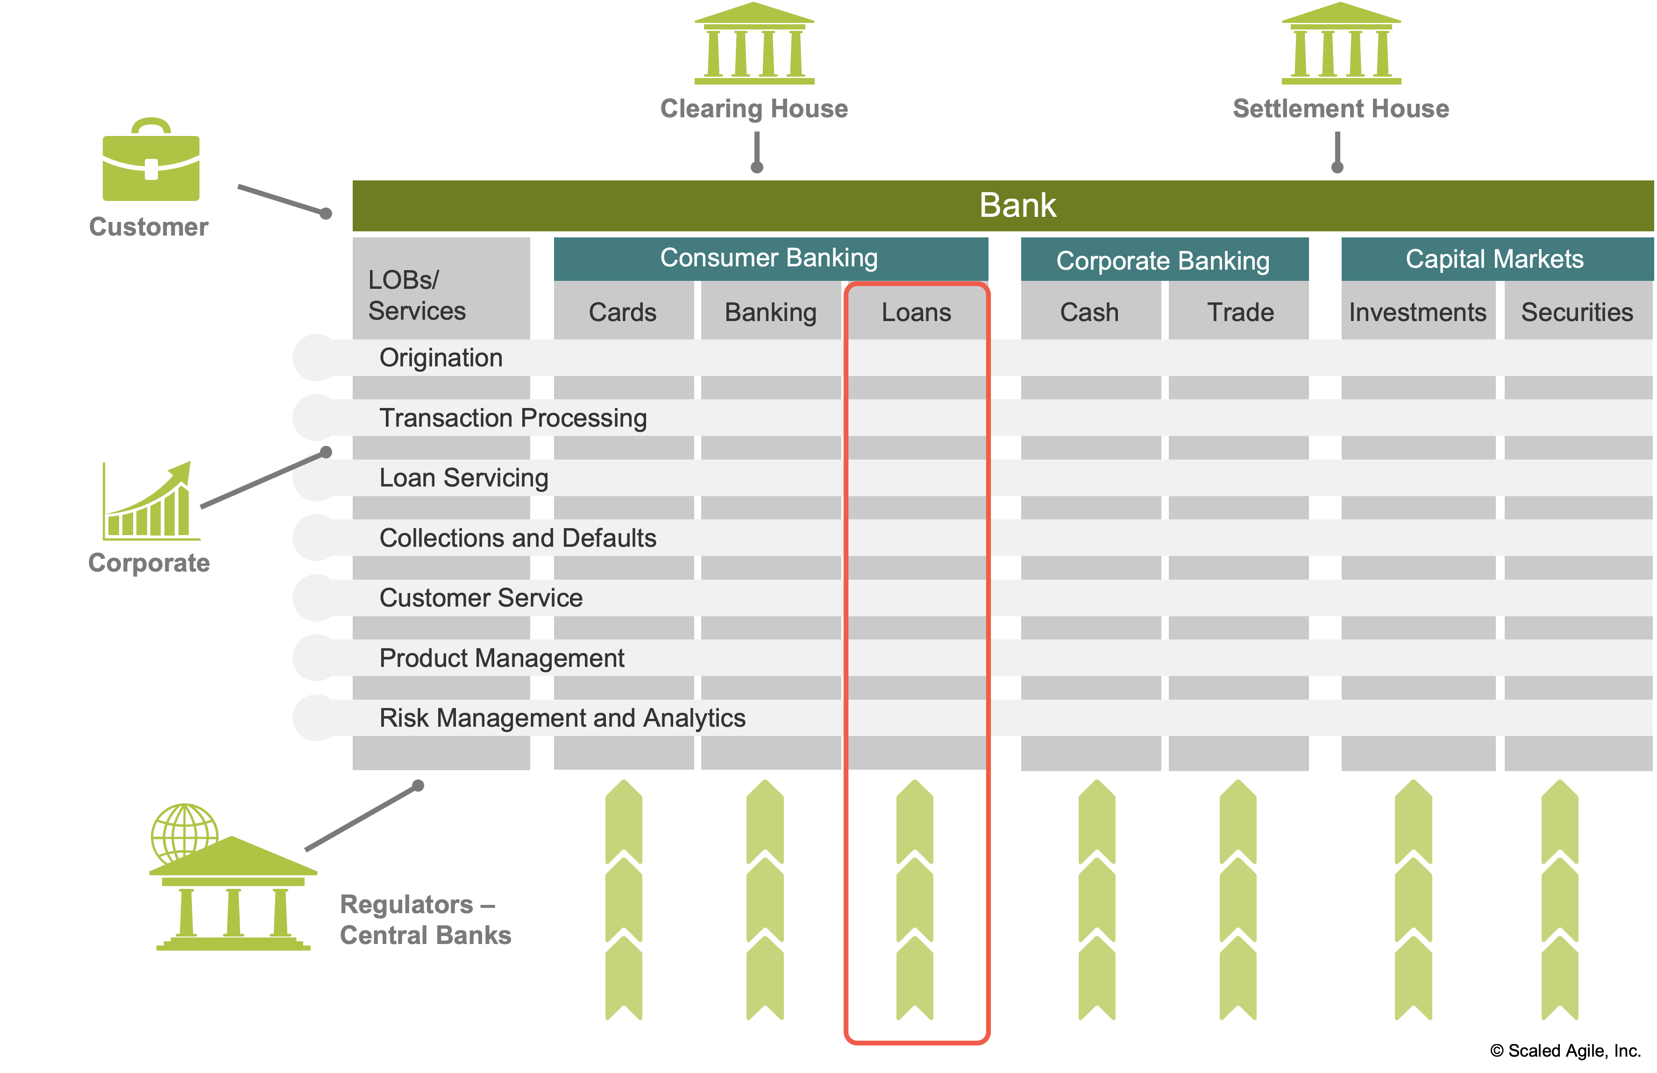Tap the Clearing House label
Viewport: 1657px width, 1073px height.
pos(754,108)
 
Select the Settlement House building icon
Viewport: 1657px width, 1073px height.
pos(1341,43)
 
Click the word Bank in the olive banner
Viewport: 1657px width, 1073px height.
pos(1017,206)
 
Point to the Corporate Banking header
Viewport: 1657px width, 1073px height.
pos(1163,260)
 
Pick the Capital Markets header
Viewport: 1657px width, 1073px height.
pos(1494,259)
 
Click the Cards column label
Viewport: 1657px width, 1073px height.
pos(622,312)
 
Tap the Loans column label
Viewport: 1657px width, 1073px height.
pos(916,312)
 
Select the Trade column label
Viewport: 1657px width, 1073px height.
pos(1240,312)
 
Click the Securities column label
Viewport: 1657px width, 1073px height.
pos(1576,312)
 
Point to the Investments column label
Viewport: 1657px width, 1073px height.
pos(1417,312)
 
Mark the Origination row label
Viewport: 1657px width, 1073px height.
pos(441,358)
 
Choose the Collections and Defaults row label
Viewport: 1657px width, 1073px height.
pos(517,538)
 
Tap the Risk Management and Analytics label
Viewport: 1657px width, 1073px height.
pos(562,718)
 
